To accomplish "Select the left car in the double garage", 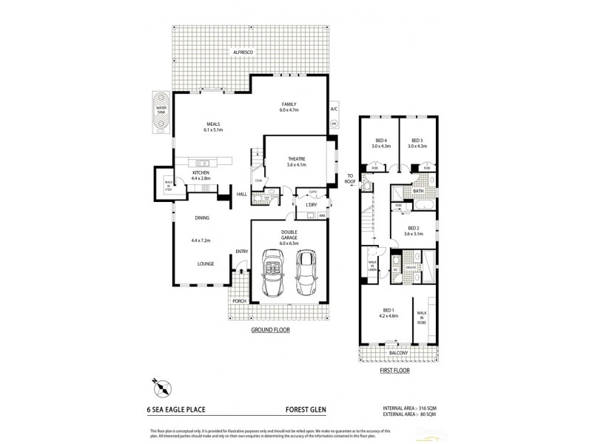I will (273, 273).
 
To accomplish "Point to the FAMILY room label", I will (289, 104).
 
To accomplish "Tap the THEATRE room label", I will (297, 158).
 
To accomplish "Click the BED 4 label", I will (380, 141).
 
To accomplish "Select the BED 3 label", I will (417, 141).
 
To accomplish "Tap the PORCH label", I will (239, 301).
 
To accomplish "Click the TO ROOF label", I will (351, 178).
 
